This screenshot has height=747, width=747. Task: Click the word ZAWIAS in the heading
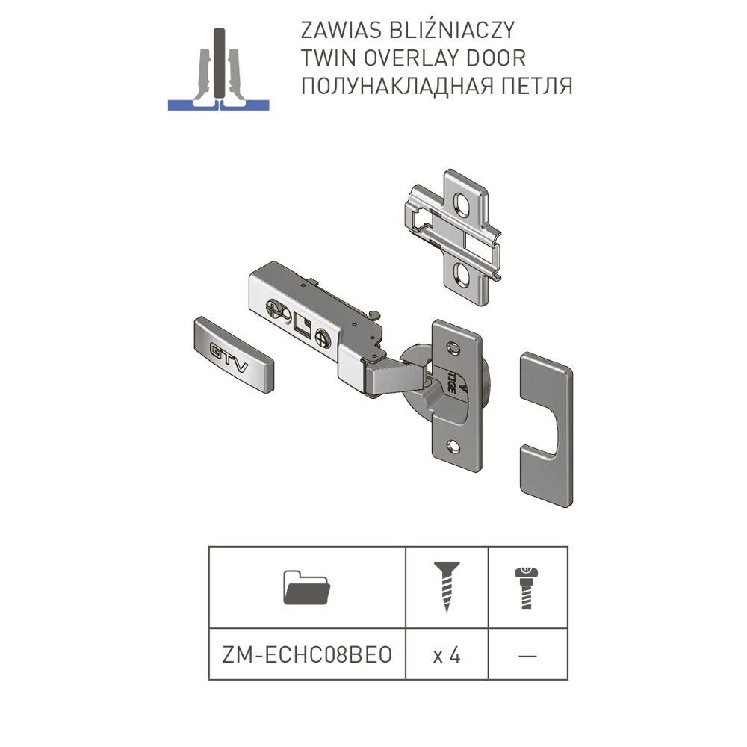(341, 31)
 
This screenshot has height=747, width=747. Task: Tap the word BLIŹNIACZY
(453, 30)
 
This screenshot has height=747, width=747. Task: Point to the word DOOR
(496, 58)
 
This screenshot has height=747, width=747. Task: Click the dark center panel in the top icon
(219, 63)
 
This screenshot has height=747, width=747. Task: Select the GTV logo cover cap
(234, 355)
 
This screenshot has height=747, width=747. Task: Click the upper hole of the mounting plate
(461, 203)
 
